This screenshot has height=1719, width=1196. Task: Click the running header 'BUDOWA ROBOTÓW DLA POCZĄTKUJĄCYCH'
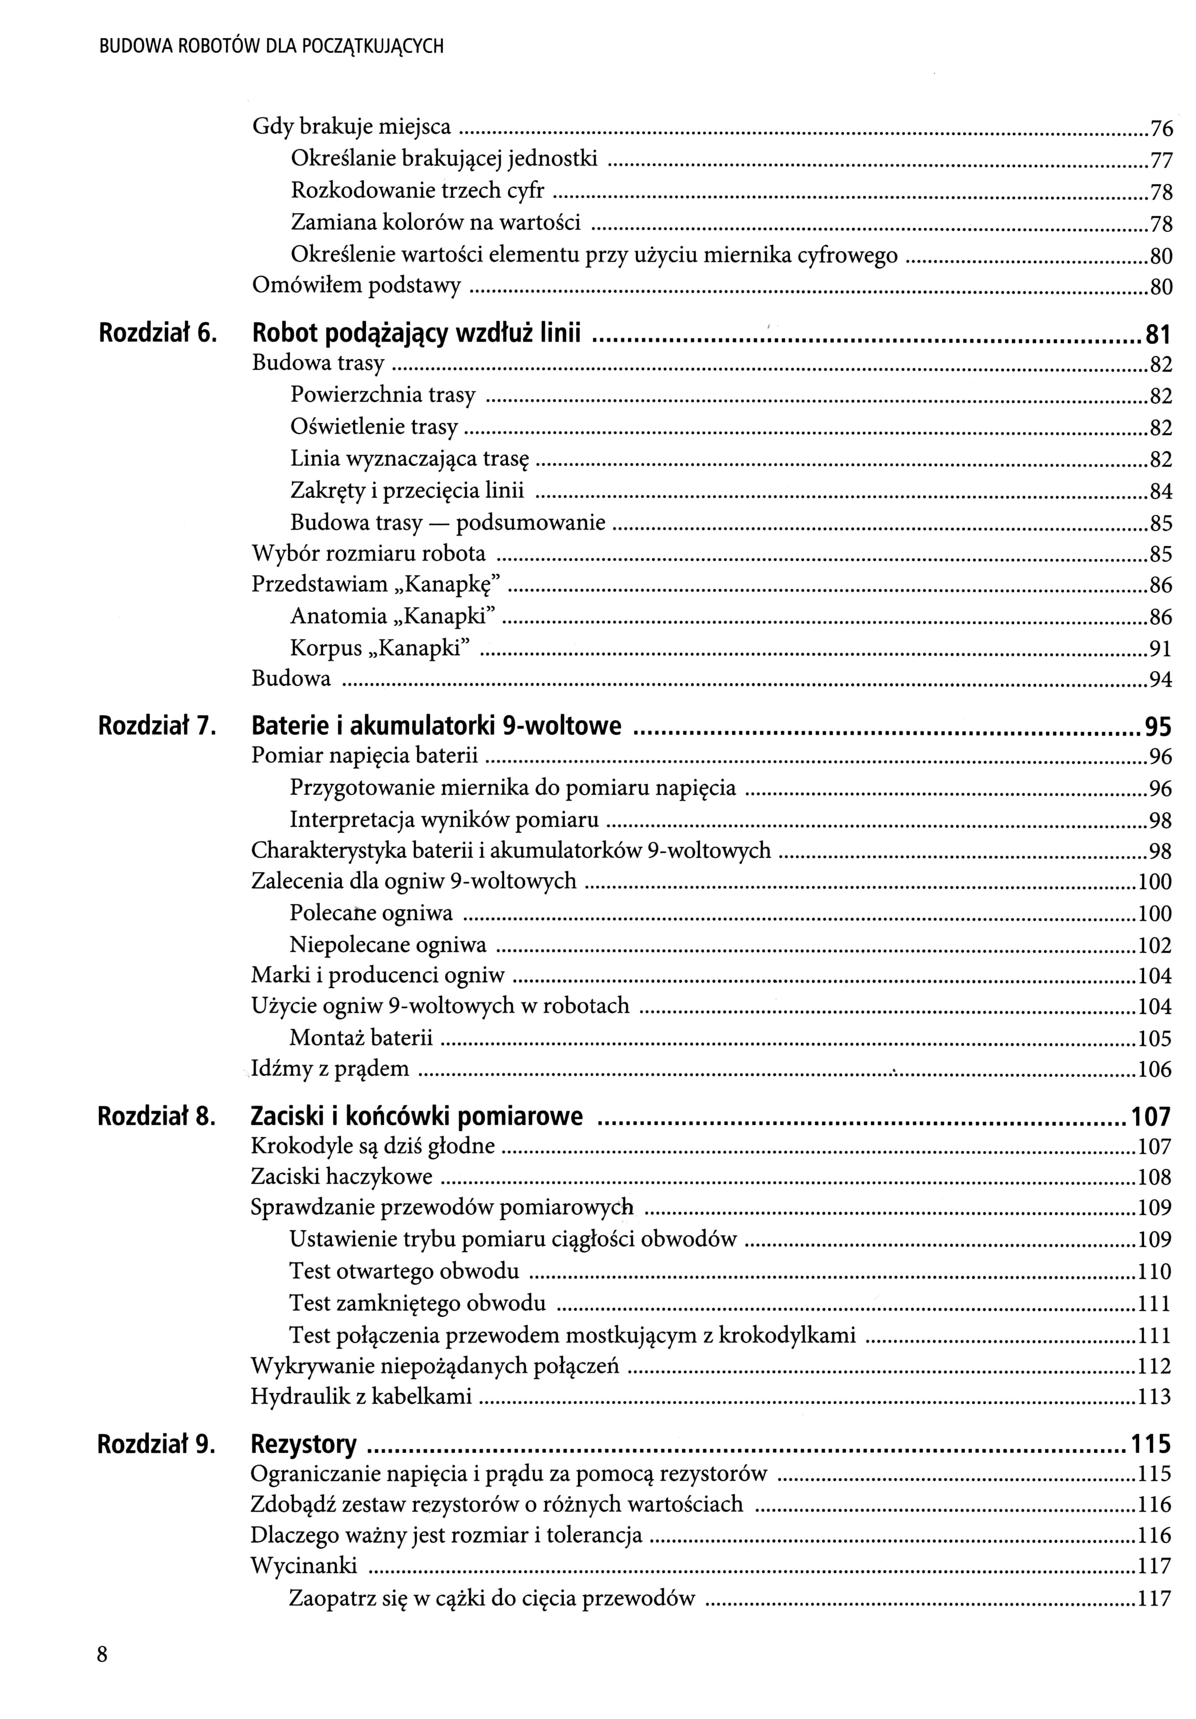pyautogui.click(x=271, y=47)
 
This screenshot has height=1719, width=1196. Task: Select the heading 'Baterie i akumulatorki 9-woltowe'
pyautogui.click(x=437, y=726)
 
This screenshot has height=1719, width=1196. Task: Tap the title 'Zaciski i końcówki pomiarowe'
pyautogui.click(x=417, y=1116)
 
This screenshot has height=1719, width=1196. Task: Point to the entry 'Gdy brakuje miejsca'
pyautogui.click(x=351, y=127)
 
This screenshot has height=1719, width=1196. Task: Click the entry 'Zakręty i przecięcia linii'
pyautogui.click(x=407, y=490)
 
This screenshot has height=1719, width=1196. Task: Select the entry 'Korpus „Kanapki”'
pyautogui.click(x=380, y=647)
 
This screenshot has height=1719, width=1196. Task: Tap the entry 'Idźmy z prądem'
pyautogui.click(x=330, y=1068)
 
